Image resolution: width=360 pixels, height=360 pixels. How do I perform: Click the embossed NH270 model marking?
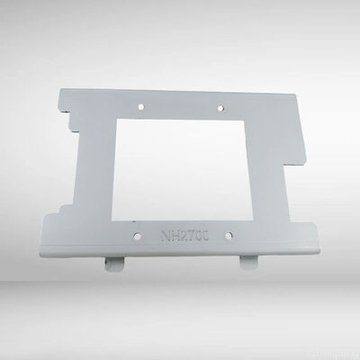(184, 237)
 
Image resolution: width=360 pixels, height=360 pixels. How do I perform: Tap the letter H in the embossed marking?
(175, 237)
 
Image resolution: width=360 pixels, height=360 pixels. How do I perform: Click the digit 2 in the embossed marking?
(184, 237)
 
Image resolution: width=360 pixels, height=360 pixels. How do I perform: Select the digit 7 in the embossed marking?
(193, 237)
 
